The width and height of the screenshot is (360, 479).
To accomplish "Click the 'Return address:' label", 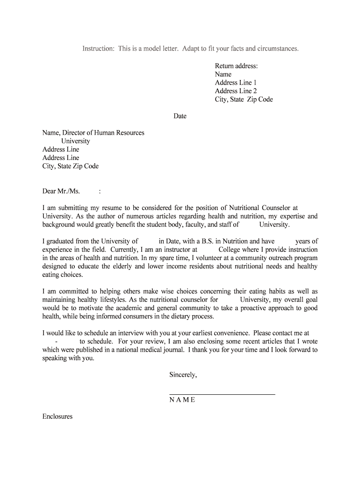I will [236, 66].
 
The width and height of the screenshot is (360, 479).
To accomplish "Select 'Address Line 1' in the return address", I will [236, 83].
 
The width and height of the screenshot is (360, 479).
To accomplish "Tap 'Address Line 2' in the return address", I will [236, 91].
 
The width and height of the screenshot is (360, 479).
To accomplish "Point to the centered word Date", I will [180, 116].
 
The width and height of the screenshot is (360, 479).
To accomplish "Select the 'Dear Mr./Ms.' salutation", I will [61, 191].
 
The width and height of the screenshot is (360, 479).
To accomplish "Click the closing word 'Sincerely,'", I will [183, 375].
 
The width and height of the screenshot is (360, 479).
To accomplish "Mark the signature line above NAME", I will [222, 394].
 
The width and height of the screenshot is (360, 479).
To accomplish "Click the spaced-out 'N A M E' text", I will [182, 400].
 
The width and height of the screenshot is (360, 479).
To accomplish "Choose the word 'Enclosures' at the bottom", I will [58, 416].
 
